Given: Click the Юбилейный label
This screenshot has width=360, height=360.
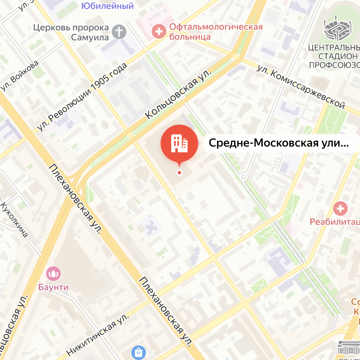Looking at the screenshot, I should click(x=107, y=6).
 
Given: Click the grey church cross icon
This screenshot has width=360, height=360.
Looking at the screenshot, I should click(x=119, y=32).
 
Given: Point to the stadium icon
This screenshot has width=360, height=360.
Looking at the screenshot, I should click(x=336, y=28).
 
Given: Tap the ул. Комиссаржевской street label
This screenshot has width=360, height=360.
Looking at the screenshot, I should click(x=301, y=86).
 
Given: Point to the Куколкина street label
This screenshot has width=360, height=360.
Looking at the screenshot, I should click(x=15, y=218).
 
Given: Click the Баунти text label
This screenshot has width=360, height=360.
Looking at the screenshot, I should click(x=53, y=287).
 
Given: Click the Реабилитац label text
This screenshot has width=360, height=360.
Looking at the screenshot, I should click(x=335, y=222).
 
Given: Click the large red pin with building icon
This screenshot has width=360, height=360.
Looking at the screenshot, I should click(x=179, y=143).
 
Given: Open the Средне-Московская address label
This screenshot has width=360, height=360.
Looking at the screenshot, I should click(x=279, y=143).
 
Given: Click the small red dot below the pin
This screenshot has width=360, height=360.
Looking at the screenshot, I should click(x=179, y=173).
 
